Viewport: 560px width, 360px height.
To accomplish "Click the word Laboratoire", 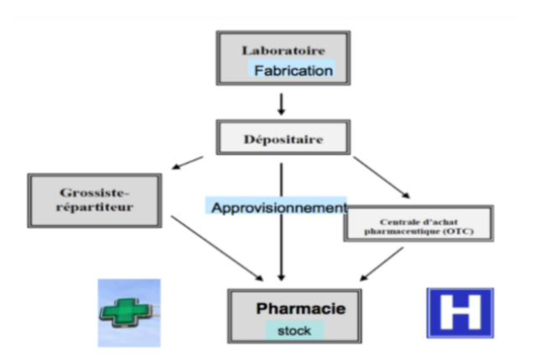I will (282, 50).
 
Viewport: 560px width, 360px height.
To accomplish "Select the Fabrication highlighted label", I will (292, 71).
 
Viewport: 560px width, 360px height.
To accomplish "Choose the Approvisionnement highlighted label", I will (277, 206).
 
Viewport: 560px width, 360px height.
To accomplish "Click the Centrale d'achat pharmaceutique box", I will (418, 223).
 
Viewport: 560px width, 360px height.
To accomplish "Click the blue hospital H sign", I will (459, 313).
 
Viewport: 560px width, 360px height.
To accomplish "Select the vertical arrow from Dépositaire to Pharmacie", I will (282, 242).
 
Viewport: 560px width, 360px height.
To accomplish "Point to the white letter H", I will (459, 313).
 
